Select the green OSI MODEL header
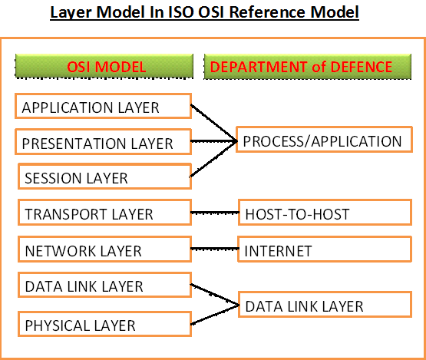coord(104,67)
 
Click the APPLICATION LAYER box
coord(102,107)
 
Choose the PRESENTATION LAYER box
coord(102,142)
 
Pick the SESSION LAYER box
coord(104,177)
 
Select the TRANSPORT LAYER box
coord(102,213)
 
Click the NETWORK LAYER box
coord(102,250)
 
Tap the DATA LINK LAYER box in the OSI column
coord(102,286)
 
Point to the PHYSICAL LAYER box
coord(102,325)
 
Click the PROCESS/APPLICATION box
coord(322,141)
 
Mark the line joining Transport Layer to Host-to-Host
coord(214,213)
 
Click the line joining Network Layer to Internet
coord(214,250)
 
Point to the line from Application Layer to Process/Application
coord(213,123)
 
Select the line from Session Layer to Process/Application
coord(213,160)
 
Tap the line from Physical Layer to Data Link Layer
coord(214,315)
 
